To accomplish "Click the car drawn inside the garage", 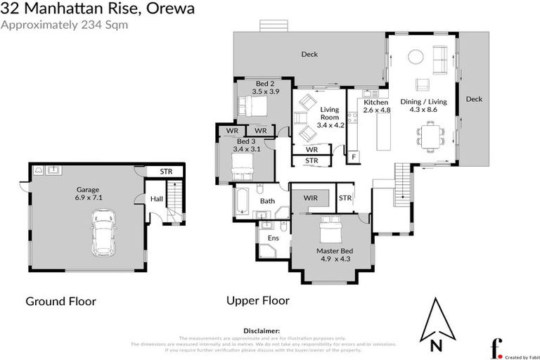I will point(104,233).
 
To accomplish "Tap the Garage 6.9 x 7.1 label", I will point(88,193).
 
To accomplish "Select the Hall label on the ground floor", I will point(156,199).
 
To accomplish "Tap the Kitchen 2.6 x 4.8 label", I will point(376,106).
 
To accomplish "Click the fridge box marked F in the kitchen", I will point(354,156).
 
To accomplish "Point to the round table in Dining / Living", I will point(416,57).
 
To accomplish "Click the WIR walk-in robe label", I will point(311,199).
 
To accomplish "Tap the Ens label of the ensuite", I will point(274,238).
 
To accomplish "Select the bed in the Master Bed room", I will point(330,229).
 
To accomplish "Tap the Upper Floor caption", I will point(257,300).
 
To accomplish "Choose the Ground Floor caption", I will point(60,301).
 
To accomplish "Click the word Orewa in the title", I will point(169,9).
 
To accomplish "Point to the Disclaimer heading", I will point(262,330).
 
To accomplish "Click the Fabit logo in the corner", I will point(496,348).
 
